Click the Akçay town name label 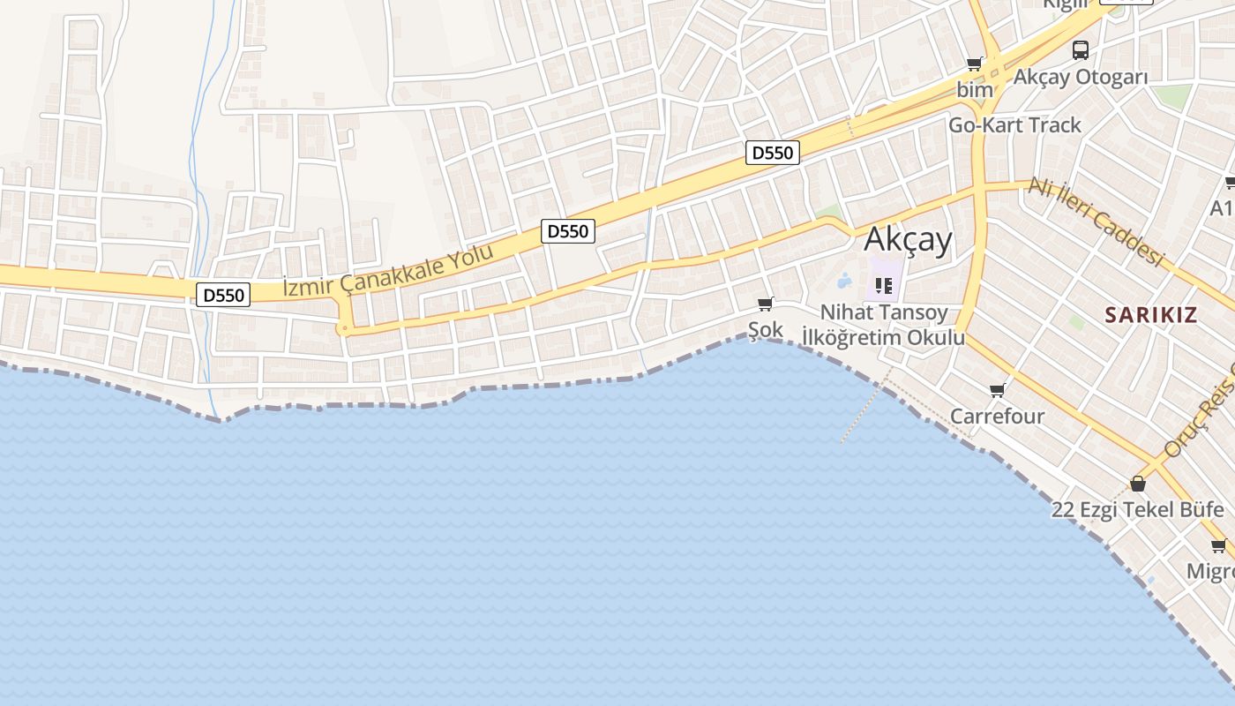(909, 239)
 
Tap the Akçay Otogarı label (1081, 77)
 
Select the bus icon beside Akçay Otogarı (1081, 50)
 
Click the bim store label (975, 90)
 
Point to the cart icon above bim (975, 64)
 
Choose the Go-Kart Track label (1014, 125)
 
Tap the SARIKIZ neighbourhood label (1151, 315)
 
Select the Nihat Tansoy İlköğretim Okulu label (883, 325)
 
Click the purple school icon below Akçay (884, 285)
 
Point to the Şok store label (765, 330)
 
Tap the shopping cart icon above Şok (766, 304)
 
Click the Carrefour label (997, 416)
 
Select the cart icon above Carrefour (998, 390)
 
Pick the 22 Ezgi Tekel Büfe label (1137, 509)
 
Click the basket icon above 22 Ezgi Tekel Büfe (1138, 484)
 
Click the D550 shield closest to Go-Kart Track (772, 153)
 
